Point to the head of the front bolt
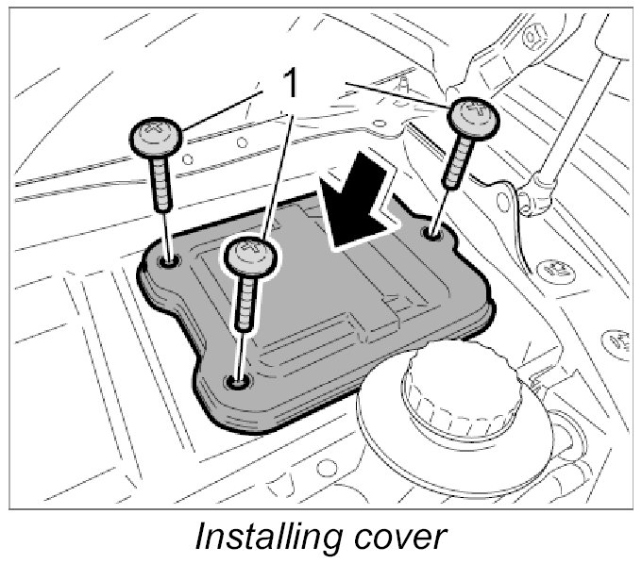[x=252, y=257]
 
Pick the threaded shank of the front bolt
[x=247, y=302]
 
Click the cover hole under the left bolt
[x=170, y=258]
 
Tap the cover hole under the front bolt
[x=236, y=381]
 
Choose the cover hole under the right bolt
[x=433, y=231]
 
